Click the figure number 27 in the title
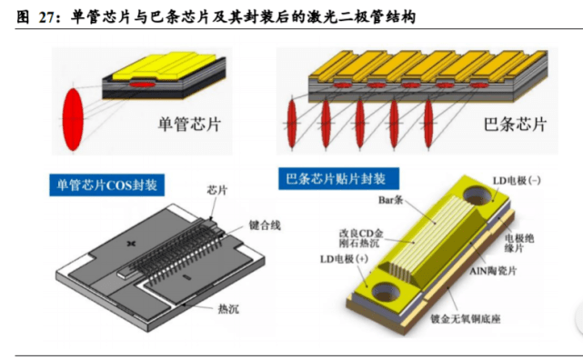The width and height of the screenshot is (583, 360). pos(47,17)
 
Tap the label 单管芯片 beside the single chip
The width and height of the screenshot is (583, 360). pos(189,124)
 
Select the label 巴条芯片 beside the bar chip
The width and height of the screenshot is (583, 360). pos(515,124)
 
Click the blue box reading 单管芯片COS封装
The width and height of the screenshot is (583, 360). pos(107,185)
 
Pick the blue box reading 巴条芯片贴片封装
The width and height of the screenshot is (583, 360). pos(338,179)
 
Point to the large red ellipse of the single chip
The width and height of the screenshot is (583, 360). pos(73,119)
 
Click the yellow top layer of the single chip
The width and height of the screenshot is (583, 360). pos(165,67)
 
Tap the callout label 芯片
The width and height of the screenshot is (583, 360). pos(217,190)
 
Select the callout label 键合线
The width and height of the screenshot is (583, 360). pos(265,225)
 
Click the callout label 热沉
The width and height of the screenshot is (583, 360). pos(228,309)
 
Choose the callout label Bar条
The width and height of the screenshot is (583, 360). pos(391,200)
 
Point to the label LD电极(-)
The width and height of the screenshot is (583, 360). pos(517,181)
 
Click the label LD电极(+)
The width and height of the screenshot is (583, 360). pos(344,258)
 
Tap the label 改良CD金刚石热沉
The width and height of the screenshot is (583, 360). pos(361,238)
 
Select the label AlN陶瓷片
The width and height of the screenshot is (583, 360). pos(493,271)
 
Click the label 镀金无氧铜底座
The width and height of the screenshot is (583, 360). pos(465,319)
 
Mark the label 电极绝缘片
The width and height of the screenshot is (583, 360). pos(519,243)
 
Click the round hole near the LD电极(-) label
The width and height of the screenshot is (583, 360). pos(477,195)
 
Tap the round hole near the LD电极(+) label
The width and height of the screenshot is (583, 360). pos(387,292)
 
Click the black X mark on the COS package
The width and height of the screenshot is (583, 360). pos(131,244)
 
